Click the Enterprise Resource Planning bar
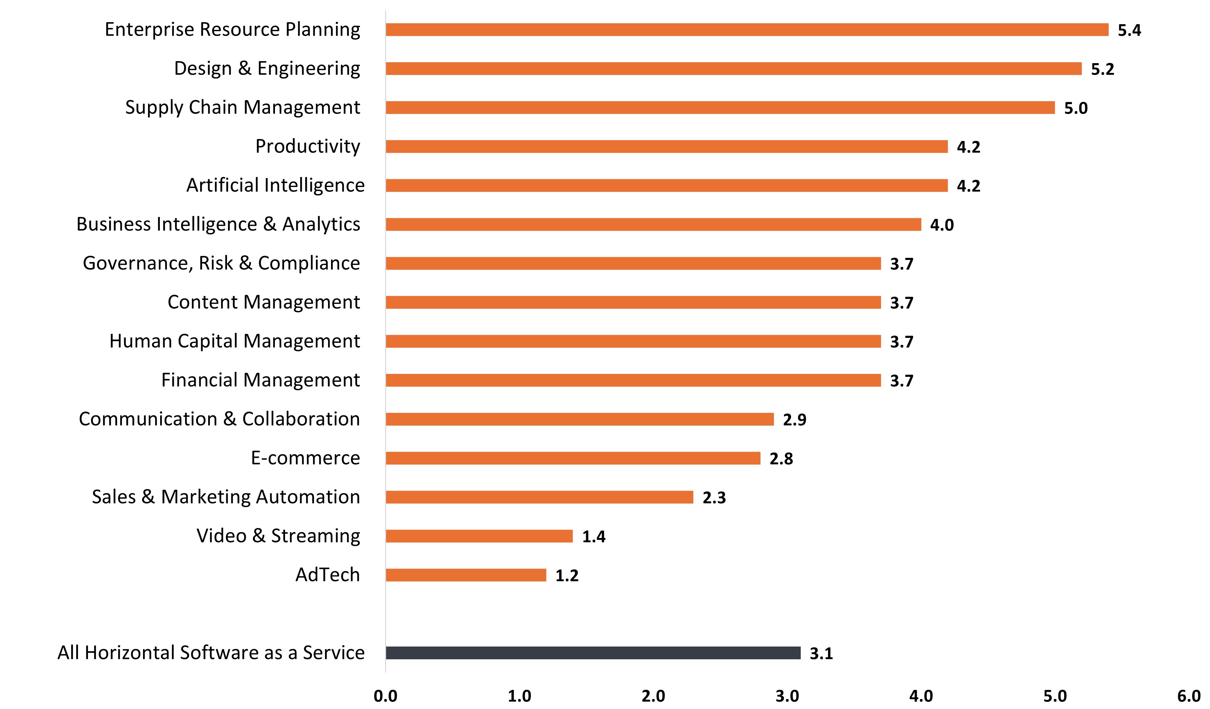(747, 30)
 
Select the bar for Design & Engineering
(733, 69)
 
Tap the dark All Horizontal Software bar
(593, 653)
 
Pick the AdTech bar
(466, 575)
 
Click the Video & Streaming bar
(479, 536)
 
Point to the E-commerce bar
(573, 458)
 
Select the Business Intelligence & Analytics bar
(653, 224)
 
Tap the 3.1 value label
(821, 653)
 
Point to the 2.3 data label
(714, 498)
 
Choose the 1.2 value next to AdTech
(567, 575)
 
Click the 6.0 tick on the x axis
(1189, 696)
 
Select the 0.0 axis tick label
(385, 696)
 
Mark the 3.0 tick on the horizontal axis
(787, 696)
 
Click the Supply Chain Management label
(242, 107)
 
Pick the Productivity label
(307, 146)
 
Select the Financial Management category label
(260, 380)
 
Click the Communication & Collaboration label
(219, 419)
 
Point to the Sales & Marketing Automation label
(226, 497)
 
